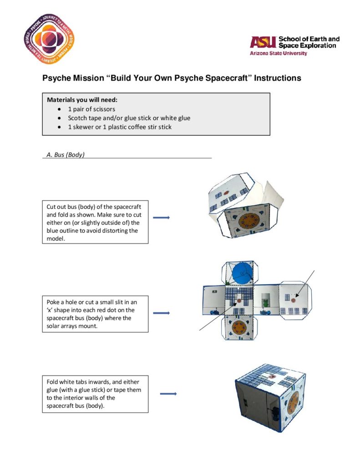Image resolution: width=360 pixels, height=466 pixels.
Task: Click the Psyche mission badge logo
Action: [49, 39]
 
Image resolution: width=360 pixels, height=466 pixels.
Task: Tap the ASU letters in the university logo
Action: [263, 42]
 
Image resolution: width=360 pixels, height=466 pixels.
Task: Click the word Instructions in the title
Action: [277, 78]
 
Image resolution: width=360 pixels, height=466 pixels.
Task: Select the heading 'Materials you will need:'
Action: [82, 100]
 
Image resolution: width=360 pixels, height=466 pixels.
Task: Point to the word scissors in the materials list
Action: [104, 109]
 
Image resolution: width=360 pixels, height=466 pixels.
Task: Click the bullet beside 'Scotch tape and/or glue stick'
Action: [60, 118]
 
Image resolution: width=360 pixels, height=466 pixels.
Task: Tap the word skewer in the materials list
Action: [83, 127]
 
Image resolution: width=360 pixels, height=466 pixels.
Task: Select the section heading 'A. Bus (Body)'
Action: [66, 155]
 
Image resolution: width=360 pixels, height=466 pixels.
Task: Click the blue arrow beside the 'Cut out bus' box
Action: [161, 218]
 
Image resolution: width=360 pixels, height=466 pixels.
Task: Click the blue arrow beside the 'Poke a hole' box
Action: [161, 313]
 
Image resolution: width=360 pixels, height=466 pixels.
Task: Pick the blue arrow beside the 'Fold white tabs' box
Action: [168, 394]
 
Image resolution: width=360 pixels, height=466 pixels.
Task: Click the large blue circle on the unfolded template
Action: [242, 273]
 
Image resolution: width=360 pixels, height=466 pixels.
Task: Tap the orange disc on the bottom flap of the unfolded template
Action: [238, 327]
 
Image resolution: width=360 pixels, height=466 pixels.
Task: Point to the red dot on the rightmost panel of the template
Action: [293, 300]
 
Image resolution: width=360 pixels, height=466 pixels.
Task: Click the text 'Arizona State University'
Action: [278, 54]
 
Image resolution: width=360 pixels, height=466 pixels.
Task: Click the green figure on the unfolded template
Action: [265, 303]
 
